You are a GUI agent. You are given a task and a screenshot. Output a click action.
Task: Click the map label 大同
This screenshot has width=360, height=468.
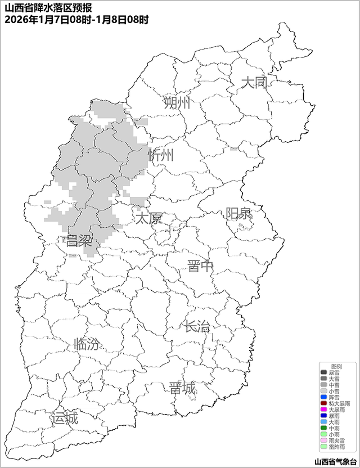254,83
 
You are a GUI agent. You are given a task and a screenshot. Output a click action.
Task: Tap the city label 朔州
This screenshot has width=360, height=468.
177,102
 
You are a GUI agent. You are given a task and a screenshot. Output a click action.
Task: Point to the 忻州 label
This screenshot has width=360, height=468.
161,155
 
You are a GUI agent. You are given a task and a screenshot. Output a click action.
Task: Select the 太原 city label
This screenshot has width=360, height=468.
148,218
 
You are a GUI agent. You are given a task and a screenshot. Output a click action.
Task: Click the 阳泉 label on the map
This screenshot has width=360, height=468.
238,214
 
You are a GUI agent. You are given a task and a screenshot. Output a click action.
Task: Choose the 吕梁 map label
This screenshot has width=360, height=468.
79,241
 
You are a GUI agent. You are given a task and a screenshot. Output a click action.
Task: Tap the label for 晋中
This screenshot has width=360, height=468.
200,266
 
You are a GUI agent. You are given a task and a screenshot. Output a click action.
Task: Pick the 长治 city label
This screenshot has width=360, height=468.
197,326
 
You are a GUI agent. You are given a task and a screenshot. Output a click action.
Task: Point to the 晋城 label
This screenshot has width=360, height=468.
182,388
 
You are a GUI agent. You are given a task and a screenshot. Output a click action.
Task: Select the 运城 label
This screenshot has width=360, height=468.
64,418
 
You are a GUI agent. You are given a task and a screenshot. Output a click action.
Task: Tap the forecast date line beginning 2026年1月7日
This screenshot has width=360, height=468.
76,20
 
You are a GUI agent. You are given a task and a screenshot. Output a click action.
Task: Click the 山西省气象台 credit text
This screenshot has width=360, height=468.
335,461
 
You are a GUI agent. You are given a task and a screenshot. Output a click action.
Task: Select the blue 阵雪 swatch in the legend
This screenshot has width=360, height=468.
323,397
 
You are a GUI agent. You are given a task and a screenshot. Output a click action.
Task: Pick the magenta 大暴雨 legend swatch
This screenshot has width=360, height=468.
323,409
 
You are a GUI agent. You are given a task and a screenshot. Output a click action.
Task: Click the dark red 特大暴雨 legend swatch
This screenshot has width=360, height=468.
323,403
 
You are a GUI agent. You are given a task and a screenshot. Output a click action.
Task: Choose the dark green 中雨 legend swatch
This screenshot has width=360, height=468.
323,428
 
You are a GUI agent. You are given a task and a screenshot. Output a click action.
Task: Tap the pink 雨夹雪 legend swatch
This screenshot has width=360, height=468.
323,440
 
